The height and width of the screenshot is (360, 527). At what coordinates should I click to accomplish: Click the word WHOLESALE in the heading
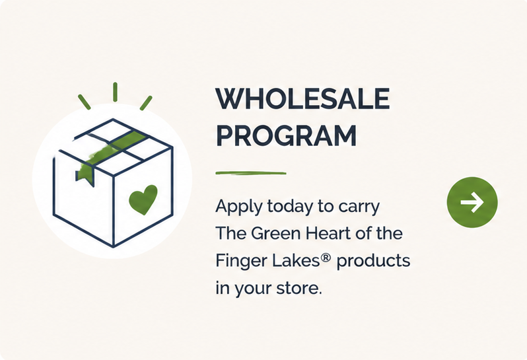coord(302,99)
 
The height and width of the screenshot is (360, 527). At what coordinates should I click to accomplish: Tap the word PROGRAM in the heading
coord(286,135)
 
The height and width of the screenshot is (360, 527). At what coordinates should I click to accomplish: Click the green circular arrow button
coord(472,202)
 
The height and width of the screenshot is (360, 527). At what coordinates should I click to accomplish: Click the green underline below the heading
coord(251,174)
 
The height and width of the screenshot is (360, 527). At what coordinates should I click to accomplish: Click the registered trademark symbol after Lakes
coord(326,258)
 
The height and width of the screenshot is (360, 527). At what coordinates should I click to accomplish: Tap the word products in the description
coord(373,261)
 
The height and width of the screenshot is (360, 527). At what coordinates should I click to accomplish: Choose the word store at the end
coord(299,288)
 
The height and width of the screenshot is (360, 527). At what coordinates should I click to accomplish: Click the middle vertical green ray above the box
coord(116,92)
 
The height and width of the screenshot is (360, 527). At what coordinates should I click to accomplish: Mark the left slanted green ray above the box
coord(85,102)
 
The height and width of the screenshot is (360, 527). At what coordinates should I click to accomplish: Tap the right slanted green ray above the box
coord(146,103)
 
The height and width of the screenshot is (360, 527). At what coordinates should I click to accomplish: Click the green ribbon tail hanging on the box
coord(85,175)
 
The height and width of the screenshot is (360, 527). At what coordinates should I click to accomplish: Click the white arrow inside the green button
coord(472,202)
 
